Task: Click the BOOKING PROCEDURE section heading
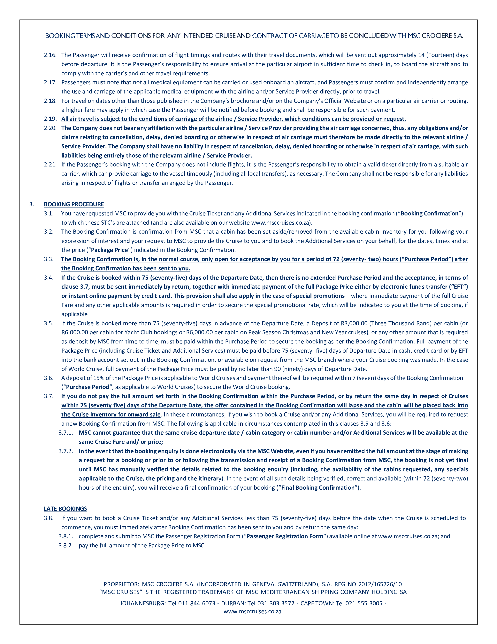point(74,204)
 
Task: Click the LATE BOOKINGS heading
point(65,509)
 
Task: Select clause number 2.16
point(50,55)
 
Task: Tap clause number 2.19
point(50,119)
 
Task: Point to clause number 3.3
point(49,259)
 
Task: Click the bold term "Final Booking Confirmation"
point(318,488)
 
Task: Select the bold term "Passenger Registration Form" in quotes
point(285,536)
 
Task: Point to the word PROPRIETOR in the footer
point(121,584)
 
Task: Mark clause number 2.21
point(50,165)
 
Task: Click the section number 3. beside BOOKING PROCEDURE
point(32,204)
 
